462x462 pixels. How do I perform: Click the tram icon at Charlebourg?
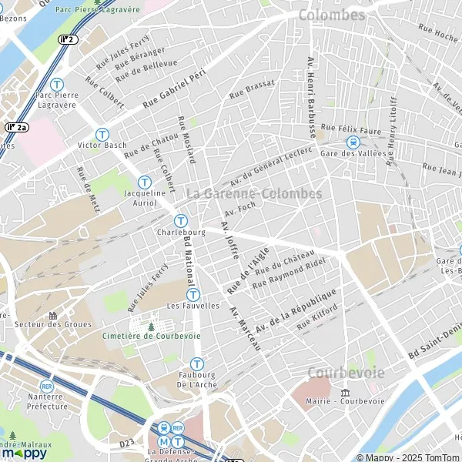point(180,219)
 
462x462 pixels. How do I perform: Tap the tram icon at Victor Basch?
point(102,134)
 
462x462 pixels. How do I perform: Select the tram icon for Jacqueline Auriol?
point(145,182)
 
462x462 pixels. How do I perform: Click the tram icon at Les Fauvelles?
point(193,294)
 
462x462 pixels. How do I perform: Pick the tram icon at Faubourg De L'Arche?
point(197,363)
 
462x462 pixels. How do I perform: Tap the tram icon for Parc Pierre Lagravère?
point(56,85)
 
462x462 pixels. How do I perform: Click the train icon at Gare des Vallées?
point(353,142)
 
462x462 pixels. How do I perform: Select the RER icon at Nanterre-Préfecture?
point(47,385)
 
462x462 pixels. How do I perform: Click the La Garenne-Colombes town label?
point(254,193)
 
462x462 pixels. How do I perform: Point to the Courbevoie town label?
point(346,372)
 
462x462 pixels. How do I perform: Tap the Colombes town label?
point(331,15)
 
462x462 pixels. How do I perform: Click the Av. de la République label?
point(296,310)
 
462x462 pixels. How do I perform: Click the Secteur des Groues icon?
point(52,315)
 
